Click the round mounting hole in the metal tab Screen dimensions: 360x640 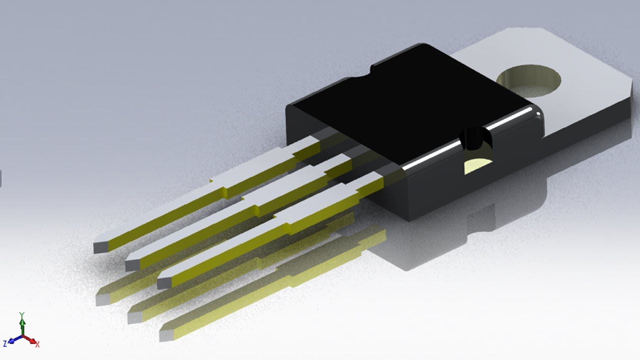point(529,80)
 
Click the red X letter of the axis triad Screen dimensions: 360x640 point(37,344)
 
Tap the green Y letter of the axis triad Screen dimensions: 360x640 point(22,315)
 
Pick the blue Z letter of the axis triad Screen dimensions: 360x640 point(5,343)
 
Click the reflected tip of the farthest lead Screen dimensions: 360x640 point(103,299)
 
